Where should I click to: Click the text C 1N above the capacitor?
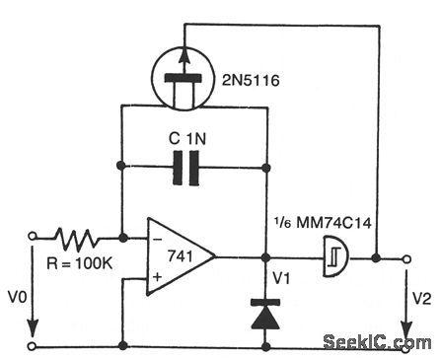[192, 139]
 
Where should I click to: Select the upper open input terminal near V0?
[32, 238]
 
